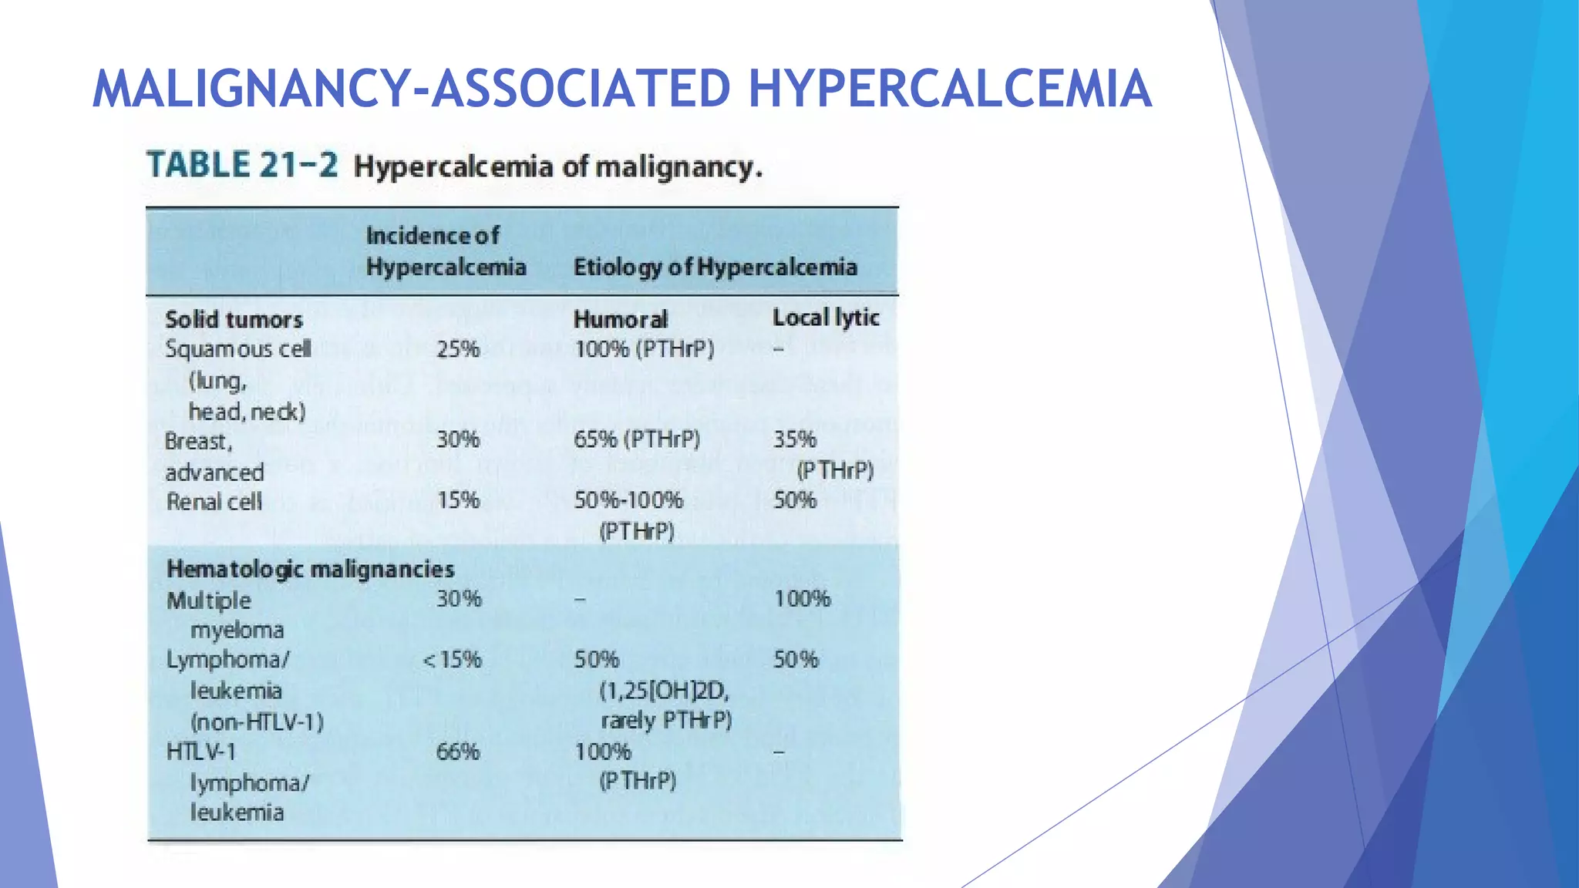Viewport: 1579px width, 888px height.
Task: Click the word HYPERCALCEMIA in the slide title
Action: point(950,89)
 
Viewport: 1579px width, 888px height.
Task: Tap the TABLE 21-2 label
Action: point(242,165)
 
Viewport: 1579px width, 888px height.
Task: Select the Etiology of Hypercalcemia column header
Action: point(715,267)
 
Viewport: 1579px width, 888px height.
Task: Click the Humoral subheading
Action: point(620,319)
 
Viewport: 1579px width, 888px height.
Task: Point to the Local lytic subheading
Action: point(826,318)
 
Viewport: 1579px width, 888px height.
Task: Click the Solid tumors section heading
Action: point(234,319)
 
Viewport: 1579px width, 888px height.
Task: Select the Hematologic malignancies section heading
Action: point(310,570)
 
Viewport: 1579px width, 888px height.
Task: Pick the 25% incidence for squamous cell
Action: point(458,349)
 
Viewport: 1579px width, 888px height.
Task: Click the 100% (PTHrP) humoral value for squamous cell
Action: point(644,349)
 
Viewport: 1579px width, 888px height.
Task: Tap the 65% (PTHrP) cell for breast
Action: point(637,439)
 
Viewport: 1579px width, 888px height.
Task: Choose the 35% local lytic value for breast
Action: point(794,439)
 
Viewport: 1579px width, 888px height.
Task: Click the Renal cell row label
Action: point(214,502)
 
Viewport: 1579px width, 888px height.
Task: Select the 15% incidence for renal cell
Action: point(458,500)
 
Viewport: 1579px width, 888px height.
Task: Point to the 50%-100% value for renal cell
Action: point(628,500)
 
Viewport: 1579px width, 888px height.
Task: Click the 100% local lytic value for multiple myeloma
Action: point(802,599)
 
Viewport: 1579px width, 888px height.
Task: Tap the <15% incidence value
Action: point(453,660)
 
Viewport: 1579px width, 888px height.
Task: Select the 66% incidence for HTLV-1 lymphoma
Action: point(458,752)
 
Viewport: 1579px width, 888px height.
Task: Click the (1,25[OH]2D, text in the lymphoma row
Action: point(664,691)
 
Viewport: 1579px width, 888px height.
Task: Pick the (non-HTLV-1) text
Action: point(257,722)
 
